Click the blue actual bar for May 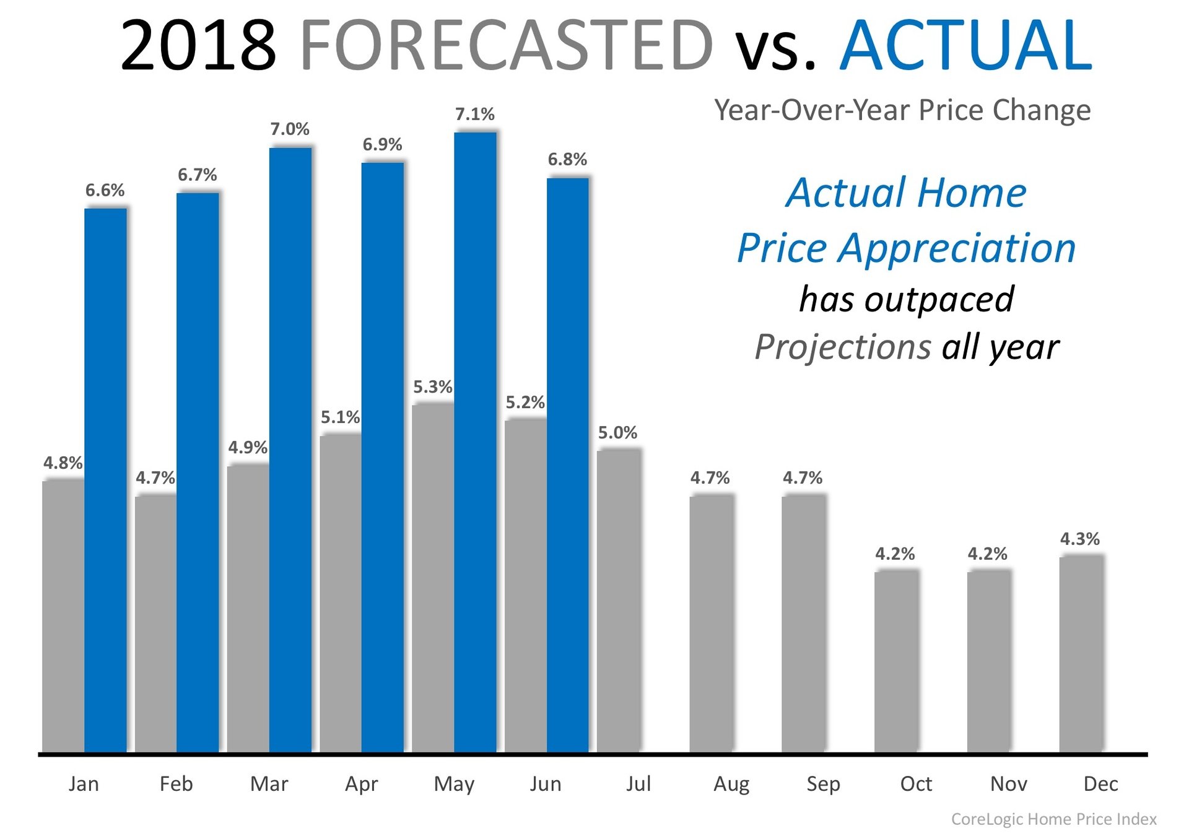(475, 442)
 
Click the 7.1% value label (475, 114)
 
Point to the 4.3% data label (1080, 539)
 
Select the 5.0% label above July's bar (617, 432)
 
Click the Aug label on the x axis (731, 784)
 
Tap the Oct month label (916, 784)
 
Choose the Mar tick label (269, 784)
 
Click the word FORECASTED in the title (506, 45)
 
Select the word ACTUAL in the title (965, 45)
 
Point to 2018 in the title (198, 45)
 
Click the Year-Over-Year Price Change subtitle (902, 110)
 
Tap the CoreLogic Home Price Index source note (1053, 819)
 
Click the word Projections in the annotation (843, 346)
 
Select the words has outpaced (907, 299)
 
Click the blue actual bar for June (568, 465)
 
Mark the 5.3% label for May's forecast (433, 387)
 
